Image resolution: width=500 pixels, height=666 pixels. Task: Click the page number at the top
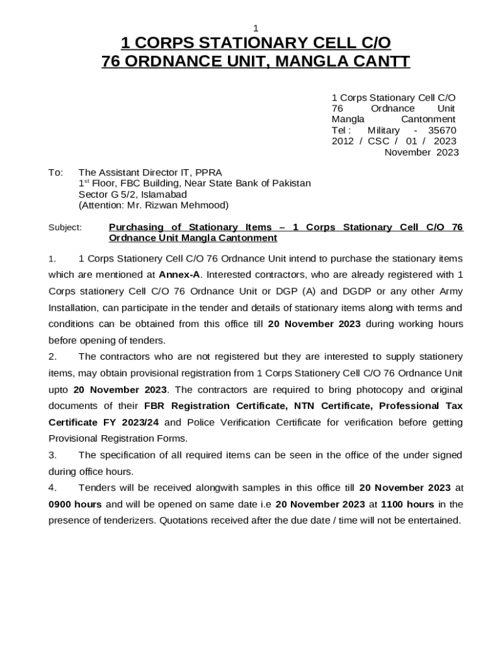256,28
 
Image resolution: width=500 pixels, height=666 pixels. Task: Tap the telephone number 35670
442,130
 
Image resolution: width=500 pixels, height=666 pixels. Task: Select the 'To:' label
56,172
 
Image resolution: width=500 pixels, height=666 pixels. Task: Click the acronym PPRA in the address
208,172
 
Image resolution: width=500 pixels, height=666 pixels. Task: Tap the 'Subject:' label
66,228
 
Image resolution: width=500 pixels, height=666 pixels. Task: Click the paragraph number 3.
51,455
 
